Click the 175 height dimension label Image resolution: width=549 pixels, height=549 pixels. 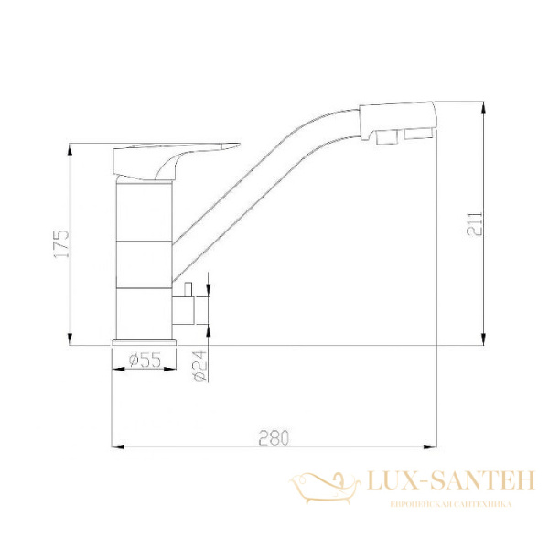(59, 244)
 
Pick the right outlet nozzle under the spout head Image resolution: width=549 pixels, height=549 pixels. (419, 137)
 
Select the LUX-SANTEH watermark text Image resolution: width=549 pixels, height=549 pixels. (449, 480)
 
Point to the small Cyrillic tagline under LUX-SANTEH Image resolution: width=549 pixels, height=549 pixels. (449, 505)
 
